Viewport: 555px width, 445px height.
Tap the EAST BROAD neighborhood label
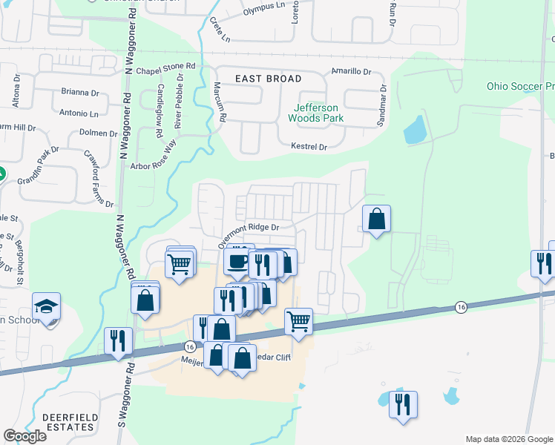tap(269, 79)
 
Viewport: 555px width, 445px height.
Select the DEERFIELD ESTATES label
tap(68, 422)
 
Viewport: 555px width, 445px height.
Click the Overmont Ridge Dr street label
tap(248, 235)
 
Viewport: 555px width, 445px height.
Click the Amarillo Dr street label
tap(351, 72)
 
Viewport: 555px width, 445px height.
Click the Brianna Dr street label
tap(80, 93)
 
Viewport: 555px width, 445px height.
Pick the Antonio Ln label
tap(79, 114)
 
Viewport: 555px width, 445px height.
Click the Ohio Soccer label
tap(520, 86)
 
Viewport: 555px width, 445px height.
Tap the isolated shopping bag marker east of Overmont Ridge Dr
tap(377, 220)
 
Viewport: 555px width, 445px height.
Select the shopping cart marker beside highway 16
tap(298, 322)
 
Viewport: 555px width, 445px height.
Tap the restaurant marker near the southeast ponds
tap(403, 405)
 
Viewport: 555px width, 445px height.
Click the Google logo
tap(24, 436)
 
